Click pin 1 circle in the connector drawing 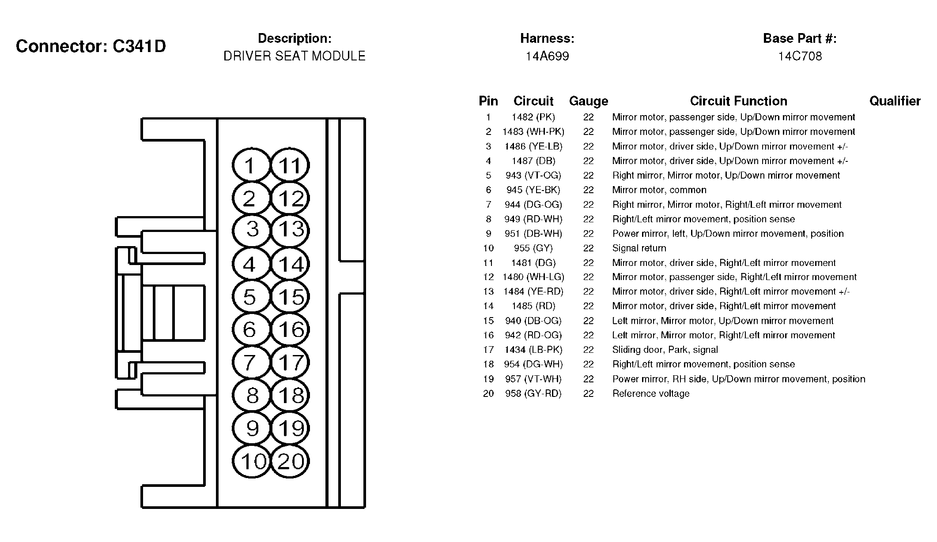tap(250, 166)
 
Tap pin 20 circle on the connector tap(290, 461)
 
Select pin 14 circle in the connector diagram tap(290, 264)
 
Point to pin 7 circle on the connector tap(250, 363)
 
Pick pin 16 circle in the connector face tap(290, 329)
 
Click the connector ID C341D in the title tap(139, 46)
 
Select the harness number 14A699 tap(547, 56)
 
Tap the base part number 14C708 tap(800, 56)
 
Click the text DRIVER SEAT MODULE tap(295, 56)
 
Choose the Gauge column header tap(588, 101)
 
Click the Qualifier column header tap(895, 101)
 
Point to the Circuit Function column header tap(738, 101)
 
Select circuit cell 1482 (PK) tap(533, 117)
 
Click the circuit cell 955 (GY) tap(533, 248)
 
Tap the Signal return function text tap(639, 248)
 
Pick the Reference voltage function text tap(650, 393)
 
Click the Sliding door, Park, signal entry tap(665, 350)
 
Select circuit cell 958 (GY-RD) tap(533, 393)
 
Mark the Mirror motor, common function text tap(659, 190)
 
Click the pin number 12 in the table tap(488, 277)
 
